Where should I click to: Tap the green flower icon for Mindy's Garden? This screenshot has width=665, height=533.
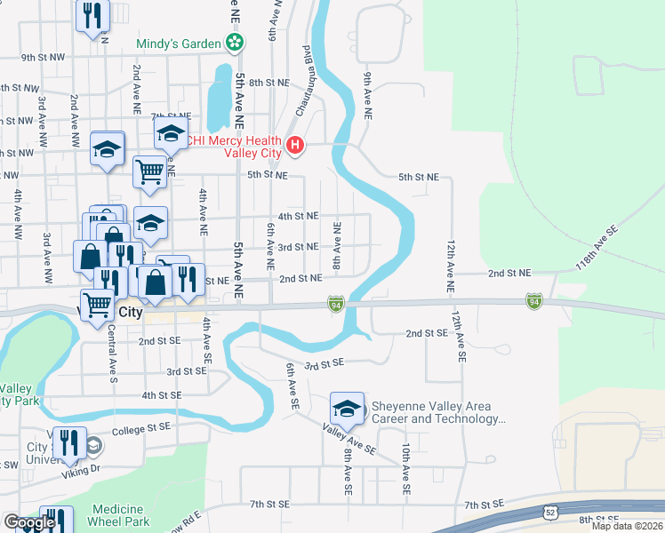click(x=235, y=42)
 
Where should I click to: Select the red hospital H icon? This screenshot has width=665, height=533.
click(x=295, y=145)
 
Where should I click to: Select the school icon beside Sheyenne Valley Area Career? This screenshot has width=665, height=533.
click(x=347, y=409)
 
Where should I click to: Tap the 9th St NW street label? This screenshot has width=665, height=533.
click(x=44, y=57)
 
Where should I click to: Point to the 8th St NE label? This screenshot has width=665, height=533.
click(x=269, y=82)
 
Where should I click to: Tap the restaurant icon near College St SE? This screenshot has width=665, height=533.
click(x=68, y=443)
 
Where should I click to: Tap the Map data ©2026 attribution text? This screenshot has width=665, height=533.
click(x=627, y=526)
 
